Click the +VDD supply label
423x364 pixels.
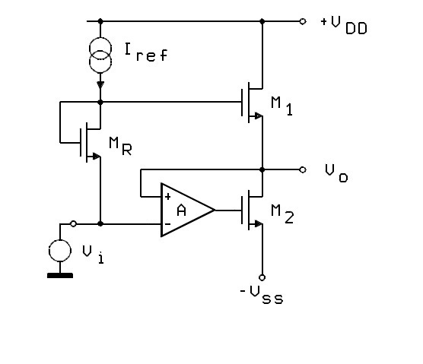[x=344, y=25]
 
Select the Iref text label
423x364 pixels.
[x=146, y=52]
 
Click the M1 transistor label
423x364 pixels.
[x=281, y=106]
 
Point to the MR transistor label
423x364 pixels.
[x=120, y=146]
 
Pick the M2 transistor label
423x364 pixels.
[x=282, y=214]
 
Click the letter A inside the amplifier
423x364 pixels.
[x=182, y=210]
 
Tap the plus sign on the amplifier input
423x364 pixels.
[x=168, y=197]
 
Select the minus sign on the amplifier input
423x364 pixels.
[x=167, y=224]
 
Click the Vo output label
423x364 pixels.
[x=336, y=173]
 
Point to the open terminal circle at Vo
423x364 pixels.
[x=303, y=169]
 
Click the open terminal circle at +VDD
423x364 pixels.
[x=303, y=21]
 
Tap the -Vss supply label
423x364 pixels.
[x=262, y=295]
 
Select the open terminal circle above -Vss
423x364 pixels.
[x=262, y=277]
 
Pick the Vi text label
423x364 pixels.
[x=93, y=255]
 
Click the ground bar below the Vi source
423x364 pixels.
[x=60, y=275]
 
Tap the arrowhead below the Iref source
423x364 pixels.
[x=100, y=85]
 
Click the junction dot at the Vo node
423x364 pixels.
[x=262, y=169]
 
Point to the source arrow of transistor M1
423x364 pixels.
[x=259, y=116]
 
